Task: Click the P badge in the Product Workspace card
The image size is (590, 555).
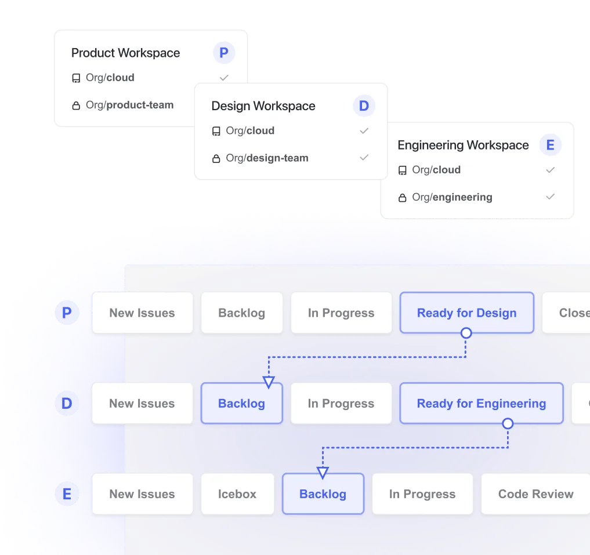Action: tap(223, 53)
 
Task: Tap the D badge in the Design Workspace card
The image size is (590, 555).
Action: tap(364, 106)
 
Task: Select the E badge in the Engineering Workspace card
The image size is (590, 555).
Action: tap(550, 145)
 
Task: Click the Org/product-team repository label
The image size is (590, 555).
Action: tap(129, 105)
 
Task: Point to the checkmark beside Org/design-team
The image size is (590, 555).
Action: tap(364, 158)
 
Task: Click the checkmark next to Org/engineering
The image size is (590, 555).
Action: tap(550, 197)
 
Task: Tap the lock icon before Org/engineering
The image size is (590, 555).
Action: tap(402, 198)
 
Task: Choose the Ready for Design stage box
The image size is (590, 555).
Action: tap(466, 313)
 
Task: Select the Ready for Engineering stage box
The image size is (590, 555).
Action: tap(481, 403)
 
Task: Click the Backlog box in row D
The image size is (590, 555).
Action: tap(241, 404)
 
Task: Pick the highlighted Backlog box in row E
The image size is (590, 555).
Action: tap(323, 494)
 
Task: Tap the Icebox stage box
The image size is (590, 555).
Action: tap(237, 494)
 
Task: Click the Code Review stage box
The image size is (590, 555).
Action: tap(535, 494)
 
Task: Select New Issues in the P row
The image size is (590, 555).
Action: tap(142, 313)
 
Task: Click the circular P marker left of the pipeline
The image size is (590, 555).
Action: tap(67, 313)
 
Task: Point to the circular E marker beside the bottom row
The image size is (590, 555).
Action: tap(67, 494)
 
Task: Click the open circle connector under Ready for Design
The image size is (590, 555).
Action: tap(465, 333)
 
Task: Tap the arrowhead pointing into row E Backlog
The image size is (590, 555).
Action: tap(323, 472)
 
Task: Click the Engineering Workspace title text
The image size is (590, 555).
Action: tap(463, 145)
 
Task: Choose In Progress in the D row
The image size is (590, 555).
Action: tap(341, 404)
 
